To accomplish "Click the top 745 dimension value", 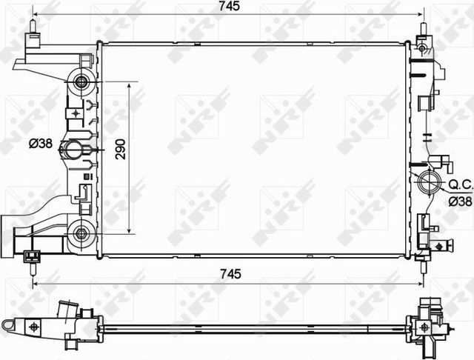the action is pos(230,6).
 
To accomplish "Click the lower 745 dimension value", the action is pos(230,274).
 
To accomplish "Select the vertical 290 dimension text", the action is pos(120,149).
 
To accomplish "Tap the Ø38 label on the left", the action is pos(41,144).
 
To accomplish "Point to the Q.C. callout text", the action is pos(460,184).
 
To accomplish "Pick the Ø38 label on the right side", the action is pos(460,201).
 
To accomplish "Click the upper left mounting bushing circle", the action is pos(81,81).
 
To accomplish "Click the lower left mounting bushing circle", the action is pos(81,233).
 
